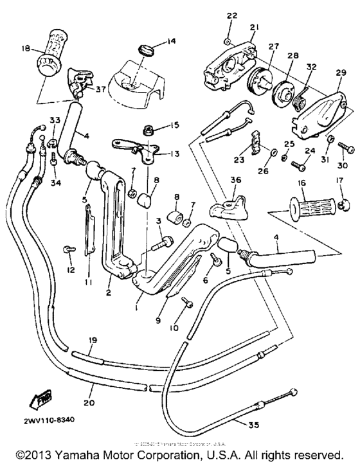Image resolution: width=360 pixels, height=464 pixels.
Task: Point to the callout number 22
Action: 231,15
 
